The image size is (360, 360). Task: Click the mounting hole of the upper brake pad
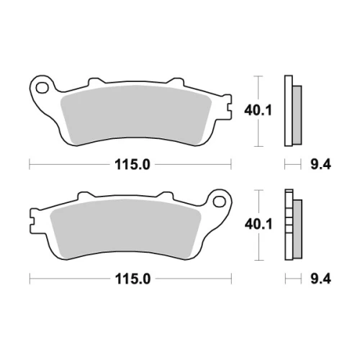42,88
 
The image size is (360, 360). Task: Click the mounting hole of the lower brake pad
219,202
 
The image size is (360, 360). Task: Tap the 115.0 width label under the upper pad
132,165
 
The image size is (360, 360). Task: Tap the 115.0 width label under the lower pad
132,279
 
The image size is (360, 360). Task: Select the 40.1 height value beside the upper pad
258,111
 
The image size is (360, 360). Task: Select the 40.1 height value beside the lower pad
258,225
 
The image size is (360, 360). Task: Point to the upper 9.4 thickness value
320,165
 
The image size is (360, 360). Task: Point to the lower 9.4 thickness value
320,279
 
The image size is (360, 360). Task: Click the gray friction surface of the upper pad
136,114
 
